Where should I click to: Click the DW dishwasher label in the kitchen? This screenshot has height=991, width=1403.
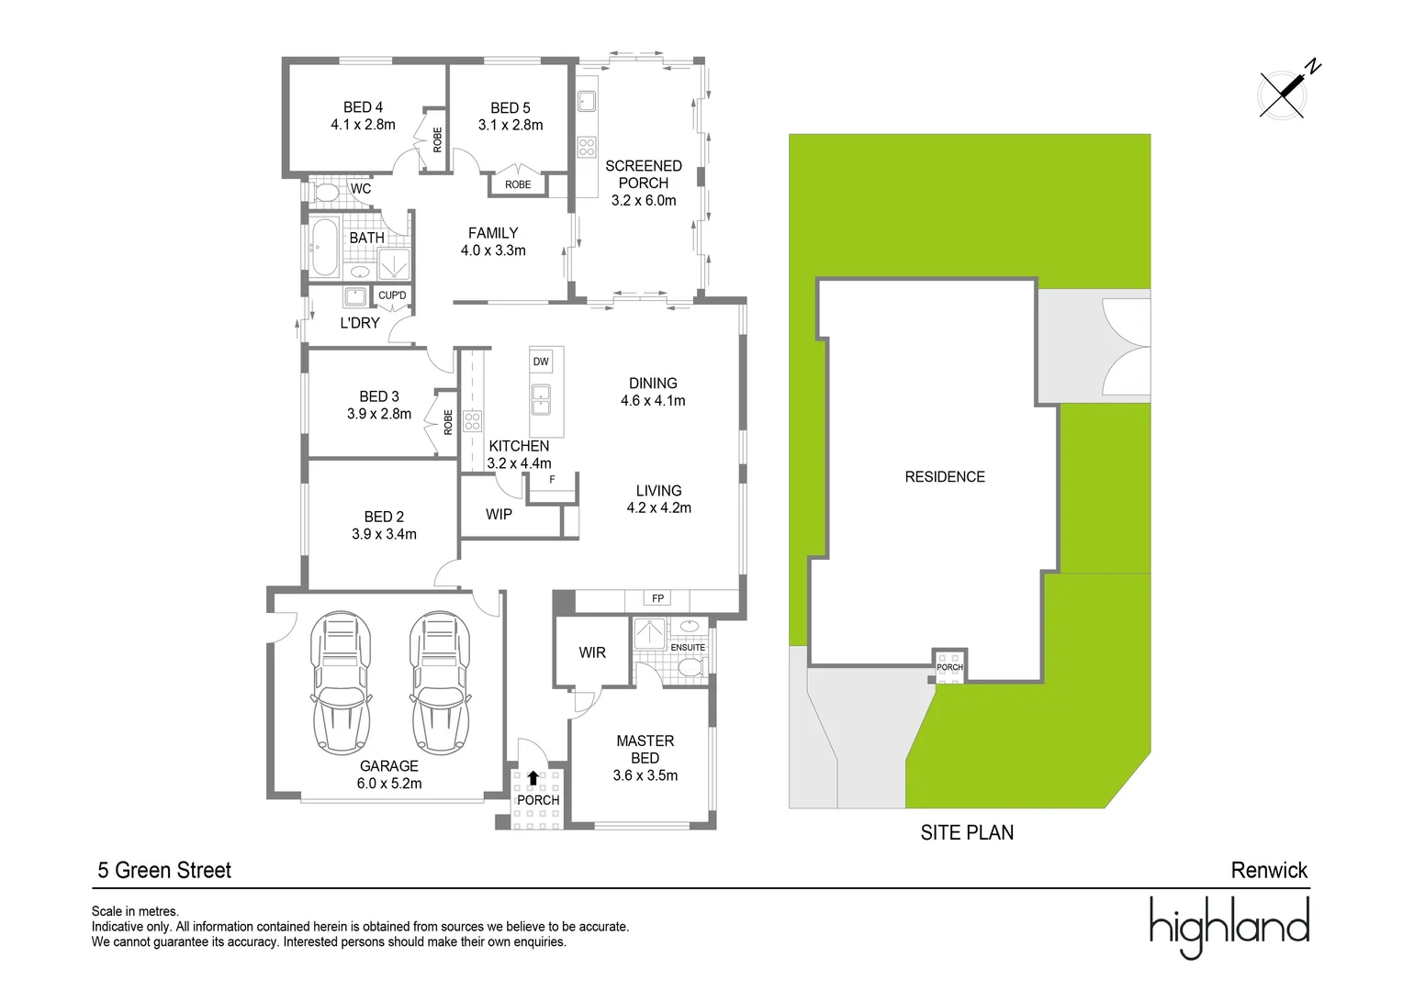[541, 362]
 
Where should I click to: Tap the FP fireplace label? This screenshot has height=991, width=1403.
[657, 598]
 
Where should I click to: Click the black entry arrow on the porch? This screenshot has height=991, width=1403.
[533, 778]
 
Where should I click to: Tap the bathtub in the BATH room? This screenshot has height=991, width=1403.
[323, 248]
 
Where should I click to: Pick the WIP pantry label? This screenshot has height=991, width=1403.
[499, 515]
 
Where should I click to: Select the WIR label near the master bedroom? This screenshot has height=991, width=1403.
[592, 652]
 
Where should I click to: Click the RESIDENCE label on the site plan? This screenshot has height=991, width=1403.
[945, 477]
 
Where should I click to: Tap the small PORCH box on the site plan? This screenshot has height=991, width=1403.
[949, 666]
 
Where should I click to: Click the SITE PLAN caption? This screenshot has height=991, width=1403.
[967, 833]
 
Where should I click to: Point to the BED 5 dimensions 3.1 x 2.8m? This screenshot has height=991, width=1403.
[511, 126]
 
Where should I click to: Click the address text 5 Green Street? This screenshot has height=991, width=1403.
[164, 871]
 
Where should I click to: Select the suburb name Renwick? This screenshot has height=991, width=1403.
[1269, 871]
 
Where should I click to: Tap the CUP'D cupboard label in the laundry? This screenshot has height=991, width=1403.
[392, 295]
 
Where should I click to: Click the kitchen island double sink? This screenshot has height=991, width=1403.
[542, 400]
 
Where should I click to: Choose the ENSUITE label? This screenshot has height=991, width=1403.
[688, 648]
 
